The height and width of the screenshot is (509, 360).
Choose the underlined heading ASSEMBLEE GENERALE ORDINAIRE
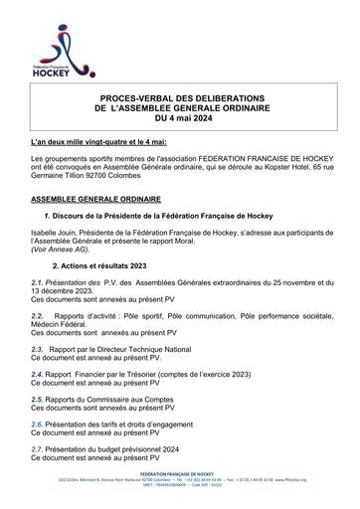[x=95, y=199]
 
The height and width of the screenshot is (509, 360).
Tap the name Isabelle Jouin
[x=57, y=232]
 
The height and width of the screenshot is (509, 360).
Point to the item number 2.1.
[x=36, y=285]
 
